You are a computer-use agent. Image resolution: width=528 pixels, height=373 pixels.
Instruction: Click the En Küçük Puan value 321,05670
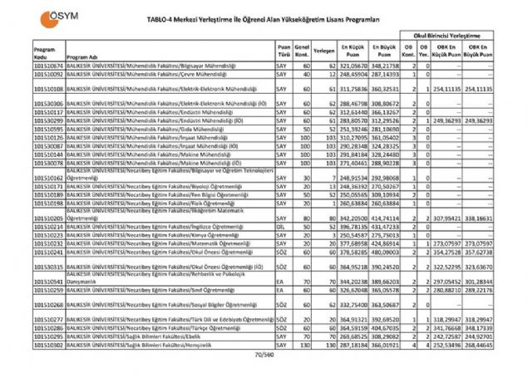tap(353, 65)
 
